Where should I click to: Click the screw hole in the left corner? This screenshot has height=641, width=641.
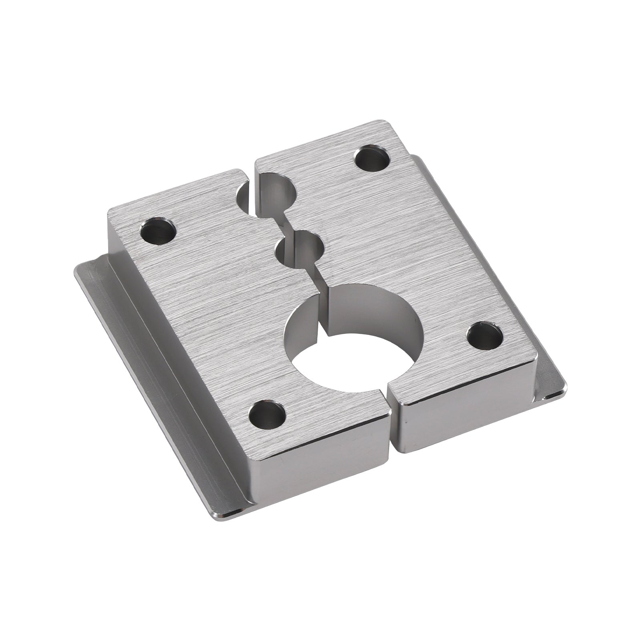pyautogui.click(x=159, y=231)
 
